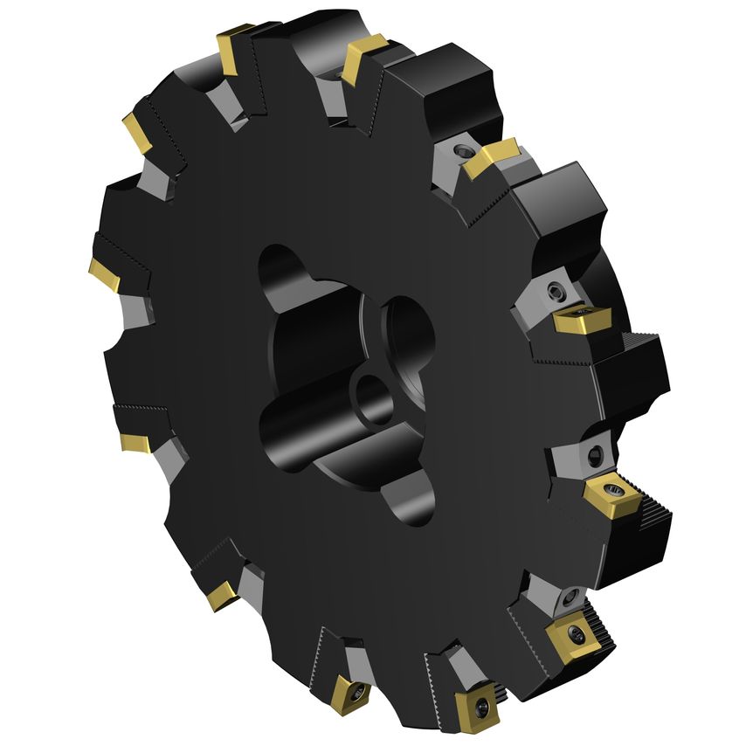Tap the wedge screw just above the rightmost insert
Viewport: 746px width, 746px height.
point(595,453)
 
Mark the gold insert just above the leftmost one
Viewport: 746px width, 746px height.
point(139,132)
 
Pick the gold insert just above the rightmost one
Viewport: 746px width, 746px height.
point(579,320)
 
